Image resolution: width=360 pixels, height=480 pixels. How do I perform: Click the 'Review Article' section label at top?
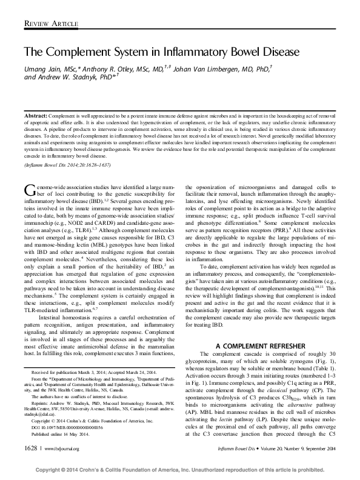tap(52, 24)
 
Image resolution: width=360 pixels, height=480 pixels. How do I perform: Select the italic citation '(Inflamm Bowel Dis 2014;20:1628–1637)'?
tap(67, 165)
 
